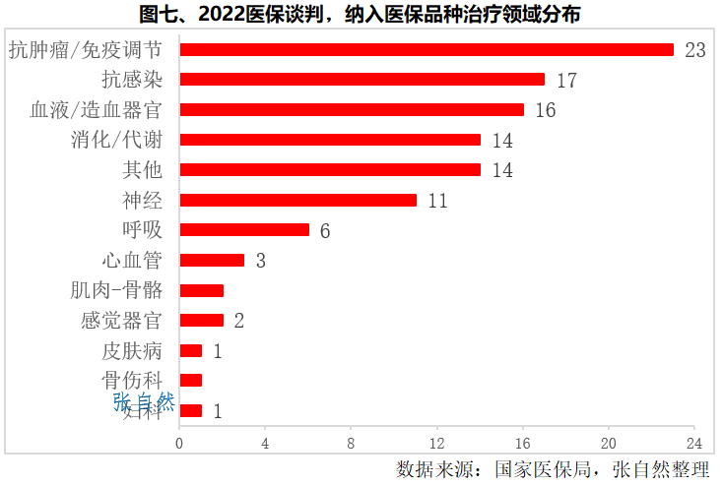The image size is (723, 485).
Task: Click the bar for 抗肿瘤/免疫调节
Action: click(x=427, y=49)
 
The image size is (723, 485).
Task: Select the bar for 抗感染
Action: click(x=361, y=80)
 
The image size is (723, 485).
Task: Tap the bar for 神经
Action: click(x=297, y=200)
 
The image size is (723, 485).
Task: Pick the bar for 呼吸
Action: click(x=244, y=230)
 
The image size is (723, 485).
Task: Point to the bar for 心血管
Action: click(x=212, y=261)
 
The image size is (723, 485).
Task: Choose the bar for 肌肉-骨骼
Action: click(x=201, y=290)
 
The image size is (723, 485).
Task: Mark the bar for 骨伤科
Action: click(x=191, y=381)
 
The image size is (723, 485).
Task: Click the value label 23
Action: click(x=695, y=50)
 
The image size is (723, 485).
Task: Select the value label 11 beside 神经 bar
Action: click(x=437, y=201)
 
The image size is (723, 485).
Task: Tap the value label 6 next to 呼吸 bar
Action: click(x=324, y=231)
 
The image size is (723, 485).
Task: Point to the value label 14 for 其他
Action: click(x=502, y=170)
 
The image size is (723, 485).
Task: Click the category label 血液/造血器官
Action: click(x=97, y=109)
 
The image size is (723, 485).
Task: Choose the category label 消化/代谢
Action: click(x=117, y=140)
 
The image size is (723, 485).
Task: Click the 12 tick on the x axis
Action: click(x=436, y=443)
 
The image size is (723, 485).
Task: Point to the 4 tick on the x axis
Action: click(x=265, y=443)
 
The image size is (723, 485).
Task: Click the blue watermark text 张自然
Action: click(x=144, y=401)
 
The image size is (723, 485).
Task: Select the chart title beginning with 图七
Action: click(x=361, y=14)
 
